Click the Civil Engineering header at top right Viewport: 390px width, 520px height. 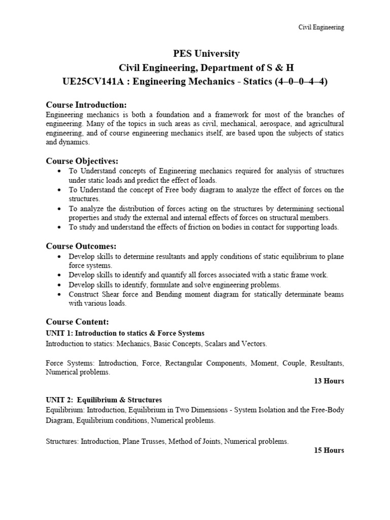click(x=320, y=27)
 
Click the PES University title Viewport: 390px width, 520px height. click(x=196, y=54)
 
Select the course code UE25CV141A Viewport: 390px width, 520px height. click(x=88, y=81)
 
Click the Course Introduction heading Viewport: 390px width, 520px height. click(x=86, y=105)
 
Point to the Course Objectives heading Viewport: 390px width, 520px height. click(x=82, y=161)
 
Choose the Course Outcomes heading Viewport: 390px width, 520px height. click(x=81, y=246)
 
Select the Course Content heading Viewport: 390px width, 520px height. click(x=77, y=322)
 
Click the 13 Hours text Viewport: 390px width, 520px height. click(x=329, y=381)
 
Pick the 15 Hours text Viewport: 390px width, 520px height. click(x=329, y=450)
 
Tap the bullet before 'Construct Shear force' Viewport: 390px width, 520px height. click(x=60, y=295)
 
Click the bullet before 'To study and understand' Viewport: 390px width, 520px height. click(x=60, y=227)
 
